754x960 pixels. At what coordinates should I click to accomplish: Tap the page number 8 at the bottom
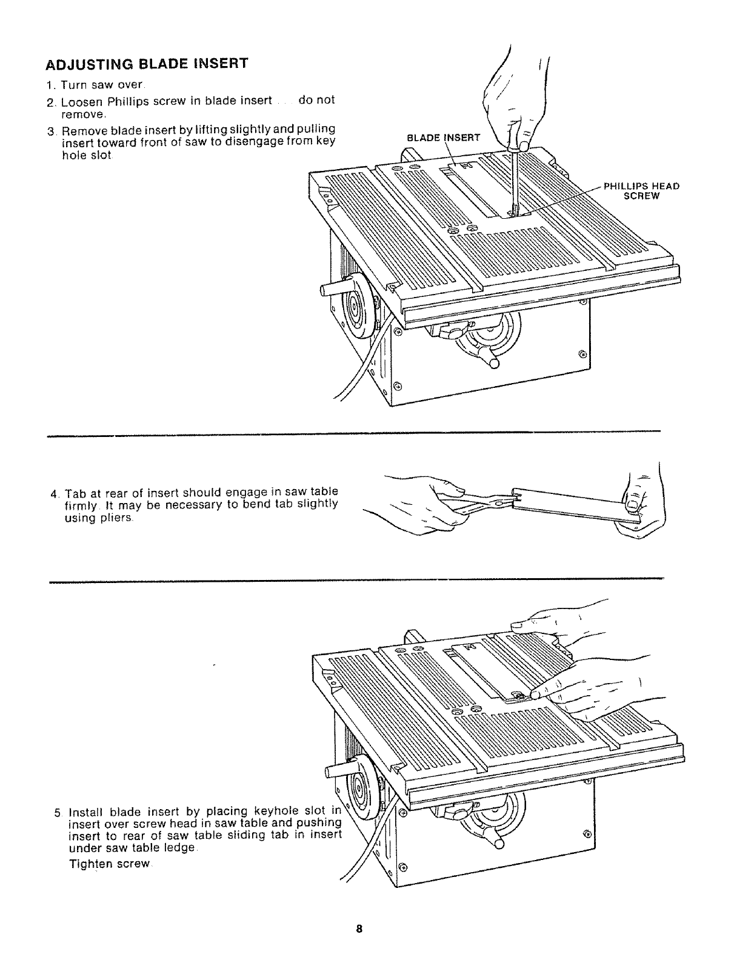[359, 929]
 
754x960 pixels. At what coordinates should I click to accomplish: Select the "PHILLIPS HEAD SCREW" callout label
[642, 192]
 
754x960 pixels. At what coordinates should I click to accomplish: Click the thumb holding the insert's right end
[632, 502]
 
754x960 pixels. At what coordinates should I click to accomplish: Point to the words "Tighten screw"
[110, 864]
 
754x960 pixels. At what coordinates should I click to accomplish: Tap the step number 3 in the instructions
[52, 130]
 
